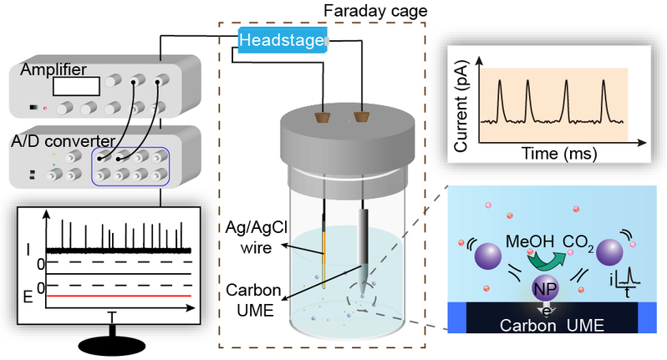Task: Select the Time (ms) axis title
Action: tap(553, 155)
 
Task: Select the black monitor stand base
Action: tap(111, 346)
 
